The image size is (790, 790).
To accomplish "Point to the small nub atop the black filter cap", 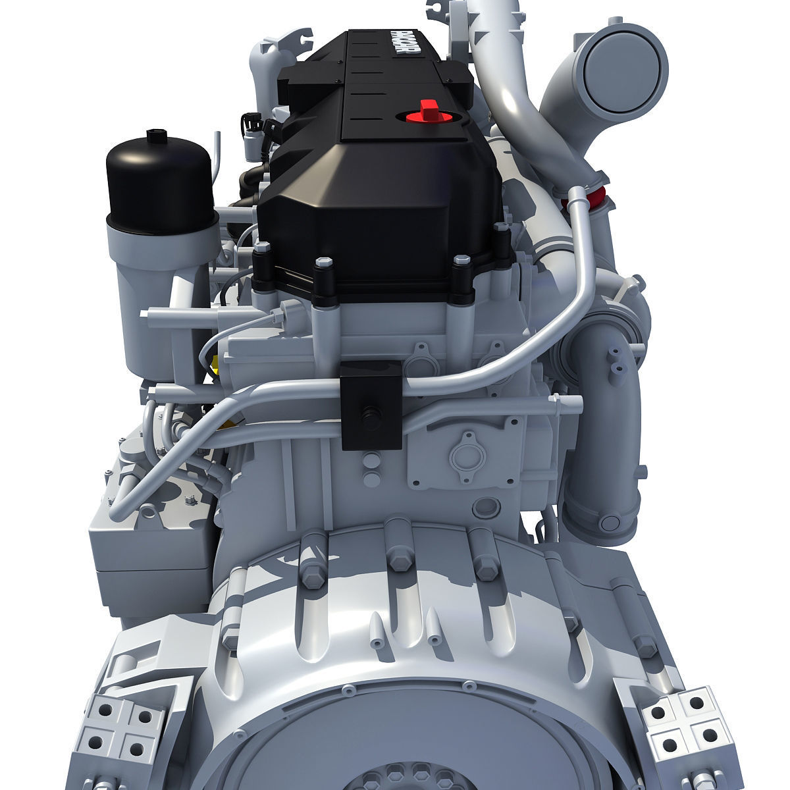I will tap(155, 134).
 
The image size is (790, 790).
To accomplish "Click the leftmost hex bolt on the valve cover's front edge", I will tap(263, 250).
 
